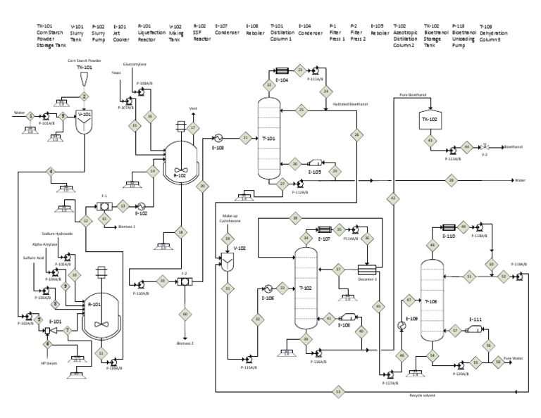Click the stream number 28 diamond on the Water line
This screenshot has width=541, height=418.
coord(451,180)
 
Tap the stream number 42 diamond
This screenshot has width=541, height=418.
coord(393,199)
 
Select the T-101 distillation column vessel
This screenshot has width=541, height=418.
coord(268,137)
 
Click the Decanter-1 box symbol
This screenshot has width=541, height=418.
coord(367,270)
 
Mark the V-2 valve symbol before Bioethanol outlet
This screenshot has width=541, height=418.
coord(485,147)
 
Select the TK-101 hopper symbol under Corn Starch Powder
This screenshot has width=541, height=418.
coord(85,77)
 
